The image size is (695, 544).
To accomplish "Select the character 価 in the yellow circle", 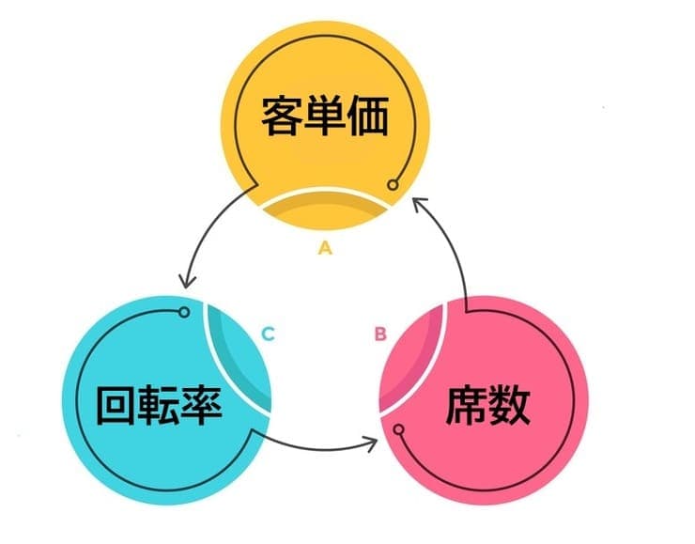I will tap(367, 117).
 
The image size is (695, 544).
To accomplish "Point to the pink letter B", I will tap(380, 334).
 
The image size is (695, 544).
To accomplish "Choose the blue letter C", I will tap(268, 334).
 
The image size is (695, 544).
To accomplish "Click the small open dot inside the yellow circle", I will tap(394, 184).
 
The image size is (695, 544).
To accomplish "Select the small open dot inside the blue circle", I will tap(184, 311).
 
